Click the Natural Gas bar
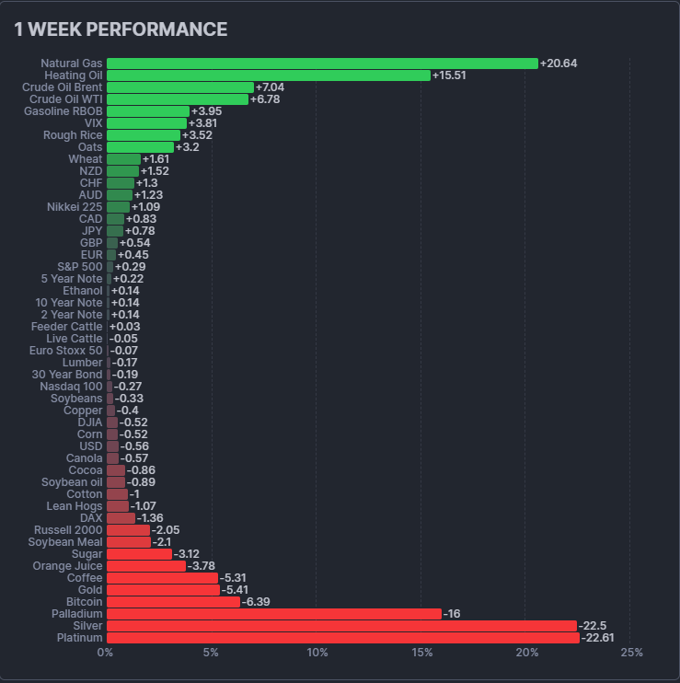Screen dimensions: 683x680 (322, 64)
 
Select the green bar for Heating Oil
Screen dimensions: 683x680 (269, 75)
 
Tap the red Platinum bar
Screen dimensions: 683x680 (342, 638)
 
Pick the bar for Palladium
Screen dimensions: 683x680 (273, 614)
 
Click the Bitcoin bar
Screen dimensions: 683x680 (173, 602)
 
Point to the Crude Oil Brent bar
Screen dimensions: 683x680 (179, 87)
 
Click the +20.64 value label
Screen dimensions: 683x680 (559, 64)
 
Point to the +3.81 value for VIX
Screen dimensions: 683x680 (202, 123)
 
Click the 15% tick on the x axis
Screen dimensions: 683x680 (421, 654)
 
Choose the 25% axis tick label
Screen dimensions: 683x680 (631, 654)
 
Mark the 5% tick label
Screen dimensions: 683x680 (211, 654)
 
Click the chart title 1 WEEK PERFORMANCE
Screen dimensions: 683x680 (121, 29)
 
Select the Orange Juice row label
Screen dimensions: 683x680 (67, 566)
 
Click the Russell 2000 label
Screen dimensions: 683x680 (68, 530)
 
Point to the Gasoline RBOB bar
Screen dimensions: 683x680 (147, 111)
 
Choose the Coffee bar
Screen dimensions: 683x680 (162, 578)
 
